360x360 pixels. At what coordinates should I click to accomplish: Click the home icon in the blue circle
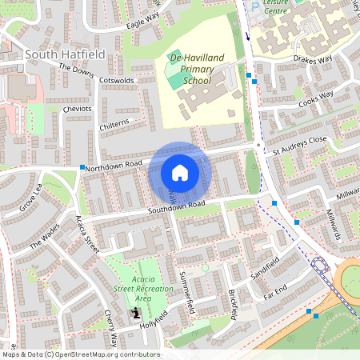(x=180, y=172)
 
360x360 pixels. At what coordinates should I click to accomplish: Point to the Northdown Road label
(x=114, y=165)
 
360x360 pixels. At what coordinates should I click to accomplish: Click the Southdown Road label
(x=176, y=207)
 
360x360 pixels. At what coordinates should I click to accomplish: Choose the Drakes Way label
(x=313, y=58)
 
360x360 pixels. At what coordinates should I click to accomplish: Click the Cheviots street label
(x=78, y=109)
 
